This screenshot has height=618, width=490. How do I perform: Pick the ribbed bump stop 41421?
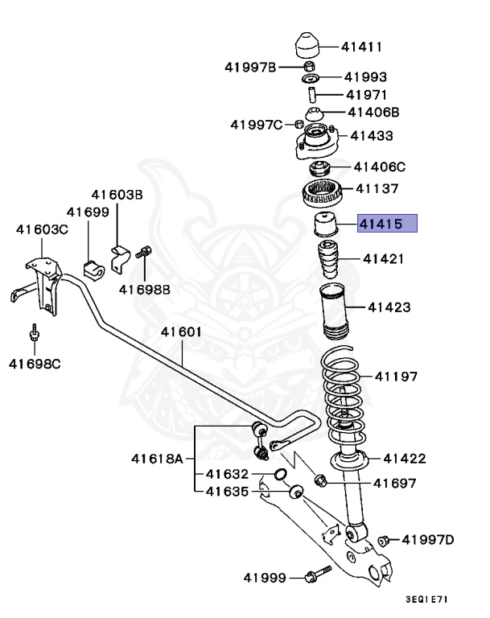[x=327, y=260]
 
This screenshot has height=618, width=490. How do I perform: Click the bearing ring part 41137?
[x=322, y=193]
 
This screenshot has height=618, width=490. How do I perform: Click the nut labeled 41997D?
[x=384, y=539]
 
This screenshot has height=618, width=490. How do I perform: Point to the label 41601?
[x=181, y=332]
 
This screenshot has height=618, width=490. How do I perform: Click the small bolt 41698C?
[x=35, y=334]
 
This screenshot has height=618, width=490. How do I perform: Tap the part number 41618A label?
[x=157, y=459]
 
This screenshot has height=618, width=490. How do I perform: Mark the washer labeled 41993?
[x=311, y=79]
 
